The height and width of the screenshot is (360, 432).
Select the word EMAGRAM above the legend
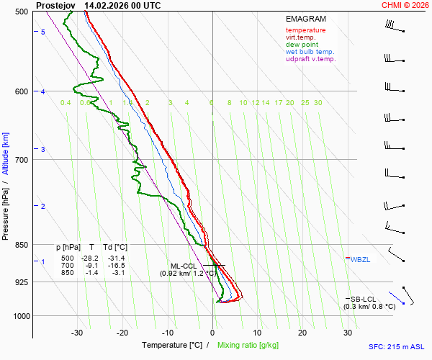click(305, 19)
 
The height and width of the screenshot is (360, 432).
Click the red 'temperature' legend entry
click(305, 30)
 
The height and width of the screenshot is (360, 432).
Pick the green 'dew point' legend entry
click(302, 45)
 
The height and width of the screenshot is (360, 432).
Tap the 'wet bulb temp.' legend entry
click(310, 52)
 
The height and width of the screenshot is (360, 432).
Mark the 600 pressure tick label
click(20, 91)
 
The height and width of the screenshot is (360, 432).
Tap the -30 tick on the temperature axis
click(77, 333)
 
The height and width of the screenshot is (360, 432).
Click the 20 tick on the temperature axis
click(302, 333)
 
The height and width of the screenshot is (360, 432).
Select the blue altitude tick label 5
click(43, 32)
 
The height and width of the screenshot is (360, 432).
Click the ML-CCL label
click(184, 266)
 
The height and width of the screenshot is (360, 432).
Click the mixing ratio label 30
click(318, 103)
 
